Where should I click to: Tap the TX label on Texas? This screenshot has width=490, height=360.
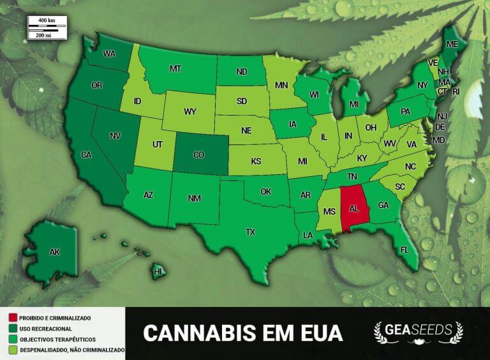(x=251, y=232)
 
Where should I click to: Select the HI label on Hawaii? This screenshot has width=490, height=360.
(x=159, y=272)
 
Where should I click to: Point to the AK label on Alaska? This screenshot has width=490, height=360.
(x=55, y=252)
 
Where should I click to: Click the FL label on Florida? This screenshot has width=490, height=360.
(x=405, y=250)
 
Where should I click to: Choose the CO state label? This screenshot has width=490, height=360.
(x=198, y=155)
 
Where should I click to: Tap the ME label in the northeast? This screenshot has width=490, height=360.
(x=452, y=45)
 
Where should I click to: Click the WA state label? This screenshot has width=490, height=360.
(x=108, y=54)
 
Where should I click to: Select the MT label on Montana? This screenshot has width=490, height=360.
(x=175, y=68)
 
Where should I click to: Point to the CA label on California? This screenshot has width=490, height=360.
(x=85, y=155)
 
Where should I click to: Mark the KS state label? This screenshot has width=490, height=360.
(x=256, y=161)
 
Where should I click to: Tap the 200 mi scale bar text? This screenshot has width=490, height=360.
(x=45, y=35)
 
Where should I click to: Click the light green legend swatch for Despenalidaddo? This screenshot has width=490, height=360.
(x=12, y=350)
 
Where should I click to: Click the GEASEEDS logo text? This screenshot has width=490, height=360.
(x=418, y=330)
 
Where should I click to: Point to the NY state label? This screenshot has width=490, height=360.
(x=422, y=85)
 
